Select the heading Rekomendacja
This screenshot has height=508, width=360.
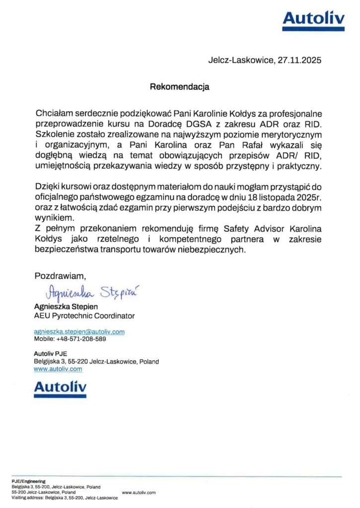tap(180, 87)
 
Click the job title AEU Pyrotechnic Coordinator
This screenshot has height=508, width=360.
tap(84, 316)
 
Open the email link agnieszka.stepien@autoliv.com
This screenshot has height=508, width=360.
tap(79, 331)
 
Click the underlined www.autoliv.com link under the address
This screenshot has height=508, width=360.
tap(58, 369)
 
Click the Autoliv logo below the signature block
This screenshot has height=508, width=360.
tap(60, 388)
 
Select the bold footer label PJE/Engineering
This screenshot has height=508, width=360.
tap(29, 481)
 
